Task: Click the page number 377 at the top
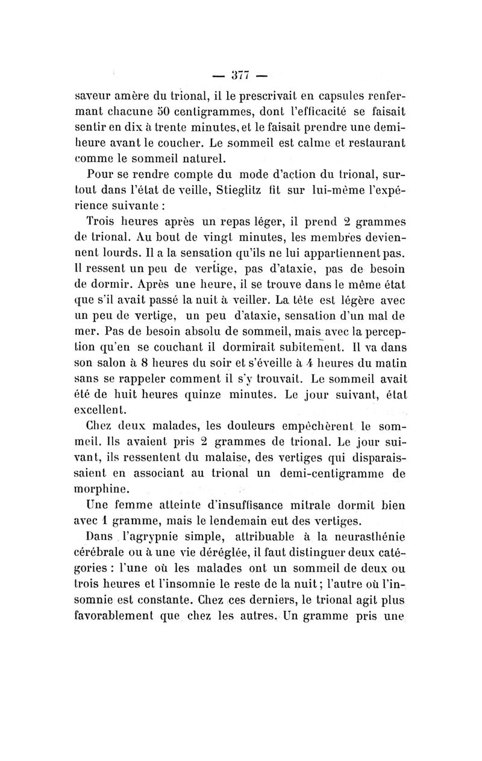(x=240, y=75)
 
